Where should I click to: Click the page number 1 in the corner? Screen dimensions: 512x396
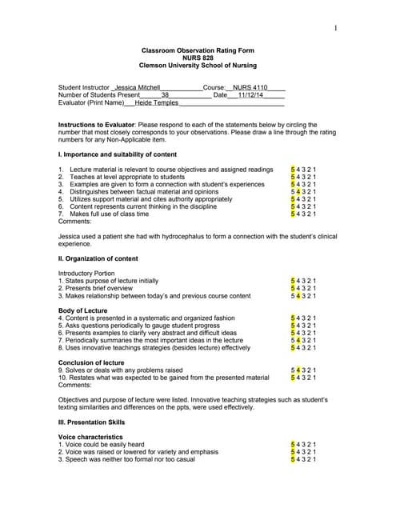click(336, 29)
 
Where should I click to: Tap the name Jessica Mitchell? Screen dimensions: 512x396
click(138, 86)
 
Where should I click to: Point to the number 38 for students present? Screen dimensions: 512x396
click(165, 94)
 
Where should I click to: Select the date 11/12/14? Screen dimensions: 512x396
click(258, 94)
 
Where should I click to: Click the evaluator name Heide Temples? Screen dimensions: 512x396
click(156, 102)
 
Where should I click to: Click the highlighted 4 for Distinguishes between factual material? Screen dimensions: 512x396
click(298, 192)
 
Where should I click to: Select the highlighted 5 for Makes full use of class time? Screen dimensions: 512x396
click(293, 214)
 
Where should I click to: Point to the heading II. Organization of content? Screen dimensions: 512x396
click(98, 259)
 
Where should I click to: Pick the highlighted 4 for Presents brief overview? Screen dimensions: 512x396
click(298, 288)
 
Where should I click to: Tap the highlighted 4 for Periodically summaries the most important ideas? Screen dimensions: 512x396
click(298, 341)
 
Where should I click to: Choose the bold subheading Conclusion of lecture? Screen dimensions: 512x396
click(91, 362)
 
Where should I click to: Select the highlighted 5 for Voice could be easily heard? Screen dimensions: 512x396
click(293, 444)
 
